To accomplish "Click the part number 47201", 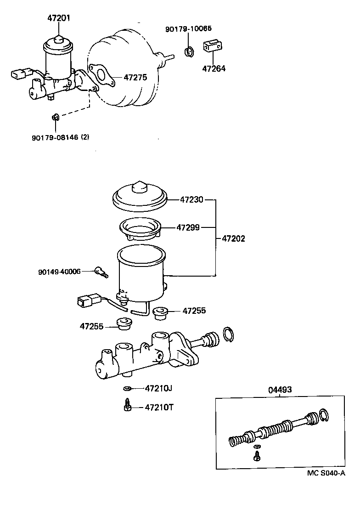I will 59,19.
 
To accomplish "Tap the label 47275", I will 135,78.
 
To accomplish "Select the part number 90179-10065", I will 188,29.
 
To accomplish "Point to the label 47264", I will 214,69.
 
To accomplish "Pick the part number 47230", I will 191,200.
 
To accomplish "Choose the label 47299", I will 189,227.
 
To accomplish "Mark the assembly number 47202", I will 233,239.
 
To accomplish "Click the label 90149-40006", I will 59,272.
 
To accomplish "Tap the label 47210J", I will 158,388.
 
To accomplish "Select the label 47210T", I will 159,407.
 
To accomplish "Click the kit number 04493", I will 280,390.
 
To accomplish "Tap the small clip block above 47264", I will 211,47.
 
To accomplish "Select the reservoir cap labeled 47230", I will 140,196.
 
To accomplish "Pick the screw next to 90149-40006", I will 101,272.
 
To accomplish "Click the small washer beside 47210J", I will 127,389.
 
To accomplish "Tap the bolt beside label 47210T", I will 127,406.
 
